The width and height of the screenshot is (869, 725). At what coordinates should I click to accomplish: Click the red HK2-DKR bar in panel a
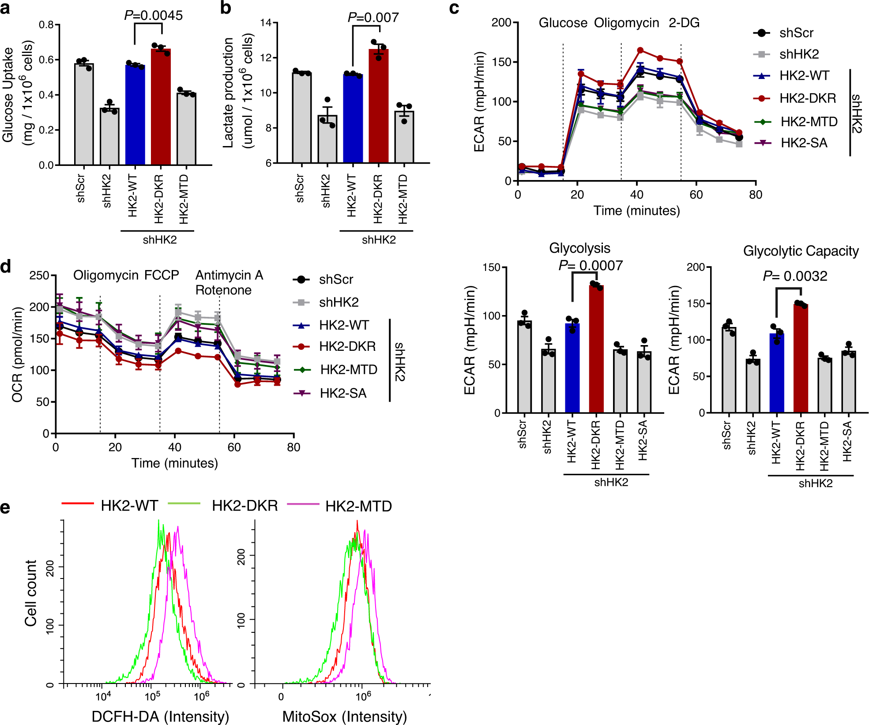(161, 108)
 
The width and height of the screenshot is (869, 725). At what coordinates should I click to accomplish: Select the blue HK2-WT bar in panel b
(353, 119)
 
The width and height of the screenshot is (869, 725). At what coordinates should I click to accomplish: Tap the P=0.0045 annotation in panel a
(153, 15)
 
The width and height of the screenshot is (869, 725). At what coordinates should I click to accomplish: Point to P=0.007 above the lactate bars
(373, 17)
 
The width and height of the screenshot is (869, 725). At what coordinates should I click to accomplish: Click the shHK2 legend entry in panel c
(799, 54)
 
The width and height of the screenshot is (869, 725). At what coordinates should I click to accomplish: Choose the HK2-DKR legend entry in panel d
(347, 346)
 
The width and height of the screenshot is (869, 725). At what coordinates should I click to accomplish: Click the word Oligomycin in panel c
(626, 23)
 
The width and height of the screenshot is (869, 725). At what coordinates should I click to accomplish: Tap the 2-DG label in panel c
(684, 23)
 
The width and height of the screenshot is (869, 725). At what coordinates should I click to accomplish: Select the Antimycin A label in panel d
(229, 275)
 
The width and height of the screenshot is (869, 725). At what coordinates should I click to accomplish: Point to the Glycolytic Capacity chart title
(801, 251)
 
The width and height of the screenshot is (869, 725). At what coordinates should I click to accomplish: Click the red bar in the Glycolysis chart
(596, 349)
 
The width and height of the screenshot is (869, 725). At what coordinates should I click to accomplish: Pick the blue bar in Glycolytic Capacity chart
(777, 373)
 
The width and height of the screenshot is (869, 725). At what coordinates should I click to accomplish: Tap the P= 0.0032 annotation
(795, 276)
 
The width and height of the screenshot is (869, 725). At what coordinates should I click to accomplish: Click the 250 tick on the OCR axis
(39, 275)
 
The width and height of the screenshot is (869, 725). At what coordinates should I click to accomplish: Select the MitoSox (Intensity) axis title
(344, 716)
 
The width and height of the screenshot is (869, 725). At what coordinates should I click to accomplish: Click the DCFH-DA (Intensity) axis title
(160, 716)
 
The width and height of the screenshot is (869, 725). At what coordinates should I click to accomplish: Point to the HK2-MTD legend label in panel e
(358, 506)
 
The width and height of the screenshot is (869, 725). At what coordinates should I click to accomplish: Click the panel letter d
(6, 267)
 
